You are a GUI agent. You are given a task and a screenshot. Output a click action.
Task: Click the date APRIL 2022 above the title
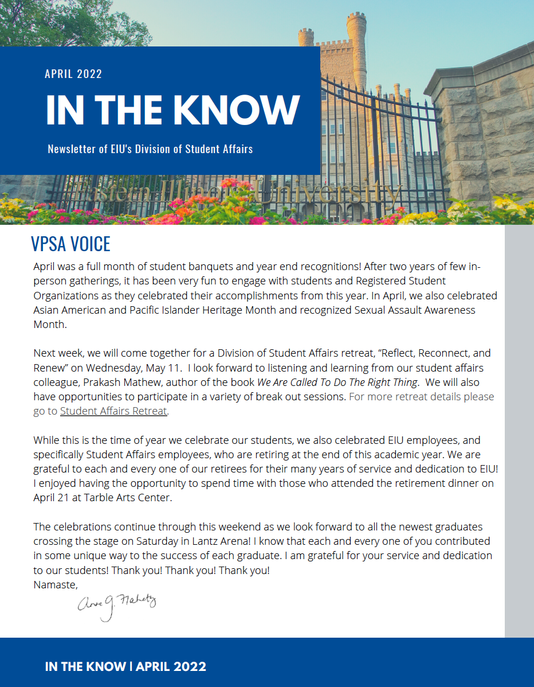(x=73, y=74)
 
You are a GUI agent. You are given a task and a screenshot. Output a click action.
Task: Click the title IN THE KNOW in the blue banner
(x=172, y=110)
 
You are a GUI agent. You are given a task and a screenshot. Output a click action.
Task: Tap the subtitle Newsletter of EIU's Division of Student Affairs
(x=150, y=150)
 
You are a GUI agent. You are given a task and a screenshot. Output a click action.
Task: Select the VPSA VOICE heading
(x=70, y=244)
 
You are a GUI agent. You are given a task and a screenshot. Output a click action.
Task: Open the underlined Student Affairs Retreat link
(x=113, y=411)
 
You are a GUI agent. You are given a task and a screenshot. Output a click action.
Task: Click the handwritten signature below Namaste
(x=116, y=606)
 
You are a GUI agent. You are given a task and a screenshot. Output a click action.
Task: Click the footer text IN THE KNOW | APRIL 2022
(x=125, y=667)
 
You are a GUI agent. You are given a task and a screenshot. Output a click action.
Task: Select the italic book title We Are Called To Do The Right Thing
(x=337, y=382)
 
